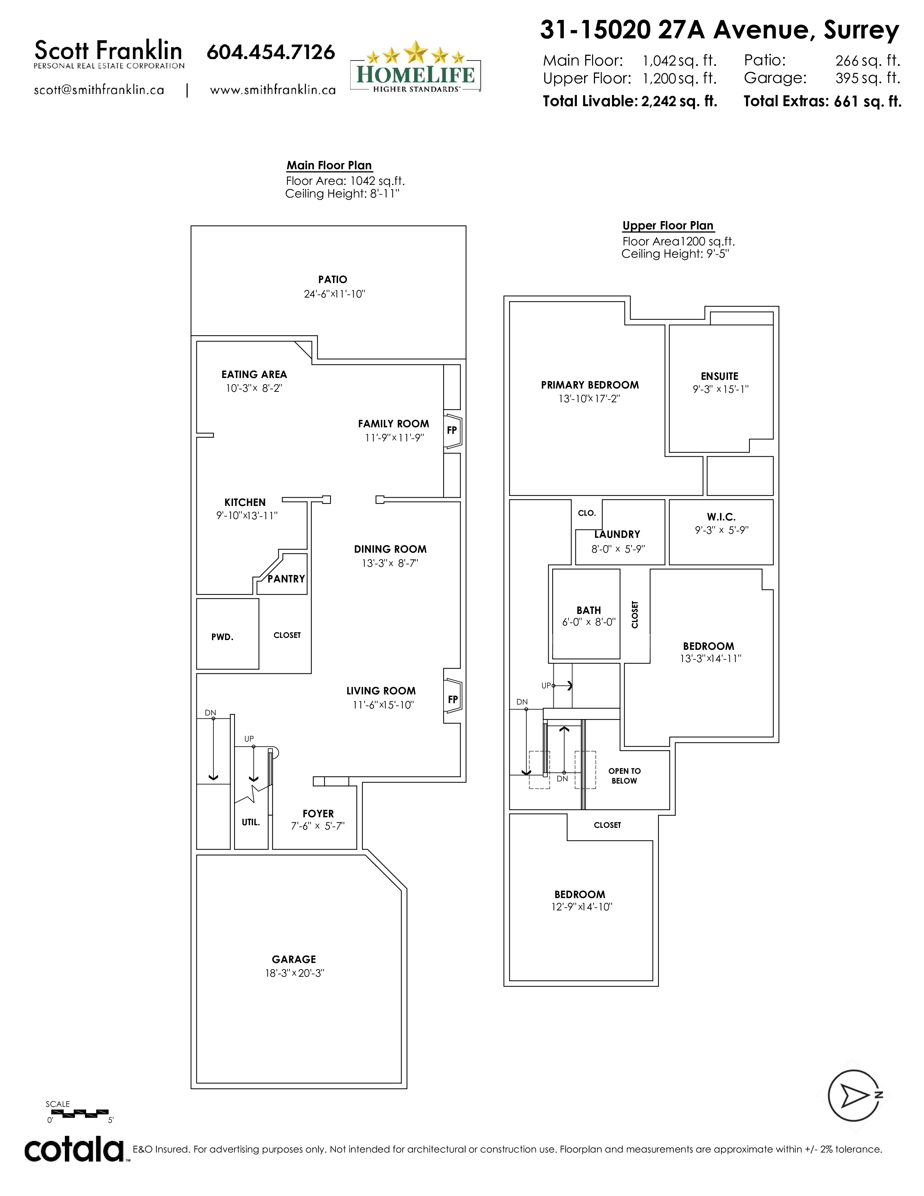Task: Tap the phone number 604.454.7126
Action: (270, 52)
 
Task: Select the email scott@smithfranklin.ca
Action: (99, 90)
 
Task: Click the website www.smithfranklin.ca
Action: (272, 90)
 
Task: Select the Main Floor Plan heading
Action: (329, 165)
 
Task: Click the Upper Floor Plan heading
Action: (668, 226)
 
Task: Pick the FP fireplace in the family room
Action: (453, 431)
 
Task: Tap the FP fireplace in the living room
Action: (453, 699)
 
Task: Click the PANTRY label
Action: (286, 579)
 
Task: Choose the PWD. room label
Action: (222, 637)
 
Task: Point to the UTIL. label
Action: (251, 822)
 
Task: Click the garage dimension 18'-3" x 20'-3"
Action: (295, 973)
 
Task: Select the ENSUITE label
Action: (719, 376)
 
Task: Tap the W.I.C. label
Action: (721, 517)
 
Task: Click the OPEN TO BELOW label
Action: (625, 776)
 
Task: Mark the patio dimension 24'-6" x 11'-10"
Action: (334, 294)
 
